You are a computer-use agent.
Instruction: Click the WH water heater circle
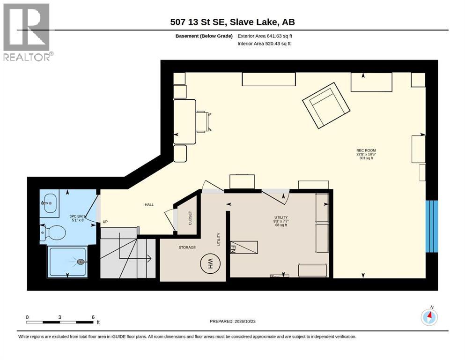[x=210, y=263]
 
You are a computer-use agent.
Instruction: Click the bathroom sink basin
[x=50, y=203]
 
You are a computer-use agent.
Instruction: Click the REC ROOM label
[x=366, y=150]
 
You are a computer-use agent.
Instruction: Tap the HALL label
[x=149, y=204]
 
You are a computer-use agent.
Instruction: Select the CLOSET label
[x=190, y=218]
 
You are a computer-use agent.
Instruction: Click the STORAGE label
[x=187, y=247]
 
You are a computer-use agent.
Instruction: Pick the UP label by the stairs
[x=105, y=222]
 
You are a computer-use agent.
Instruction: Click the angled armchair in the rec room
[x=326, y=105]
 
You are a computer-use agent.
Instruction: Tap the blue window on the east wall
[x=431, y=226]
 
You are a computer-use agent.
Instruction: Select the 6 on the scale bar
[x=93, y=317]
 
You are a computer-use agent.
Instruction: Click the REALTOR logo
[x=27, y=32]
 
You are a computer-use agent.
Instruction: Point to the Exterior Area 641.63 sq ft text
[x=265, y=36]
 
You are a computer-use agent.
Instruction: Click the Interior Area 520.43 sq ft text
[x=264, y=44]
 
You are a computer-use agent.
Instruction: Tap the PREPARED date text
[x=232, y=321]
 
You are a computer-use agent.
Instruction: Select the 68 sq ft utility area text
[x=281, y=225]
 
